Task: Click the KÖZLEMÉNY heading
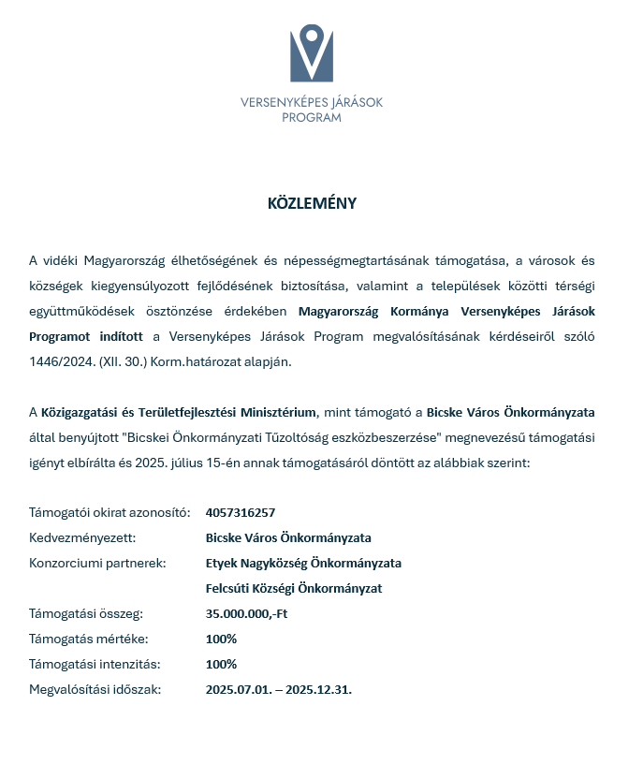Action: pos(312,203)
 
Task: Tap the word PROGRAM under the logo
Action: pos(312,118)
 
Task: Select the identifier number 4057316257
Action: pos(241,512)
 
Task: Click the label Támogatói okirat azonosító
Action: pos(110,512)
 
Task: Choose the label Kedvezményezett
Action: pos(83,537)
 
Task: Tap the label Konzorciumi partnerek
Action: pos(98,563)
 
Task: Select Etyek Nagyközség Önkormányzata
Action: pos(303,563)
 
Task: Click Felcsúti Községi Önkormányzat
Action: pos(294,588)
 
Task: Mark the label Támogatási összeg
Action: pos(86,613)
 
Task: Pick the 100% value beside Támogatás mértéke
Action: pos(221,639)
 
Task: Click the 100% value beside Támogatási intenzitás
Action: pos(221,664)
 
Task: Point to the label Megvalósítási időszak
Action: pos(95,689)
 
